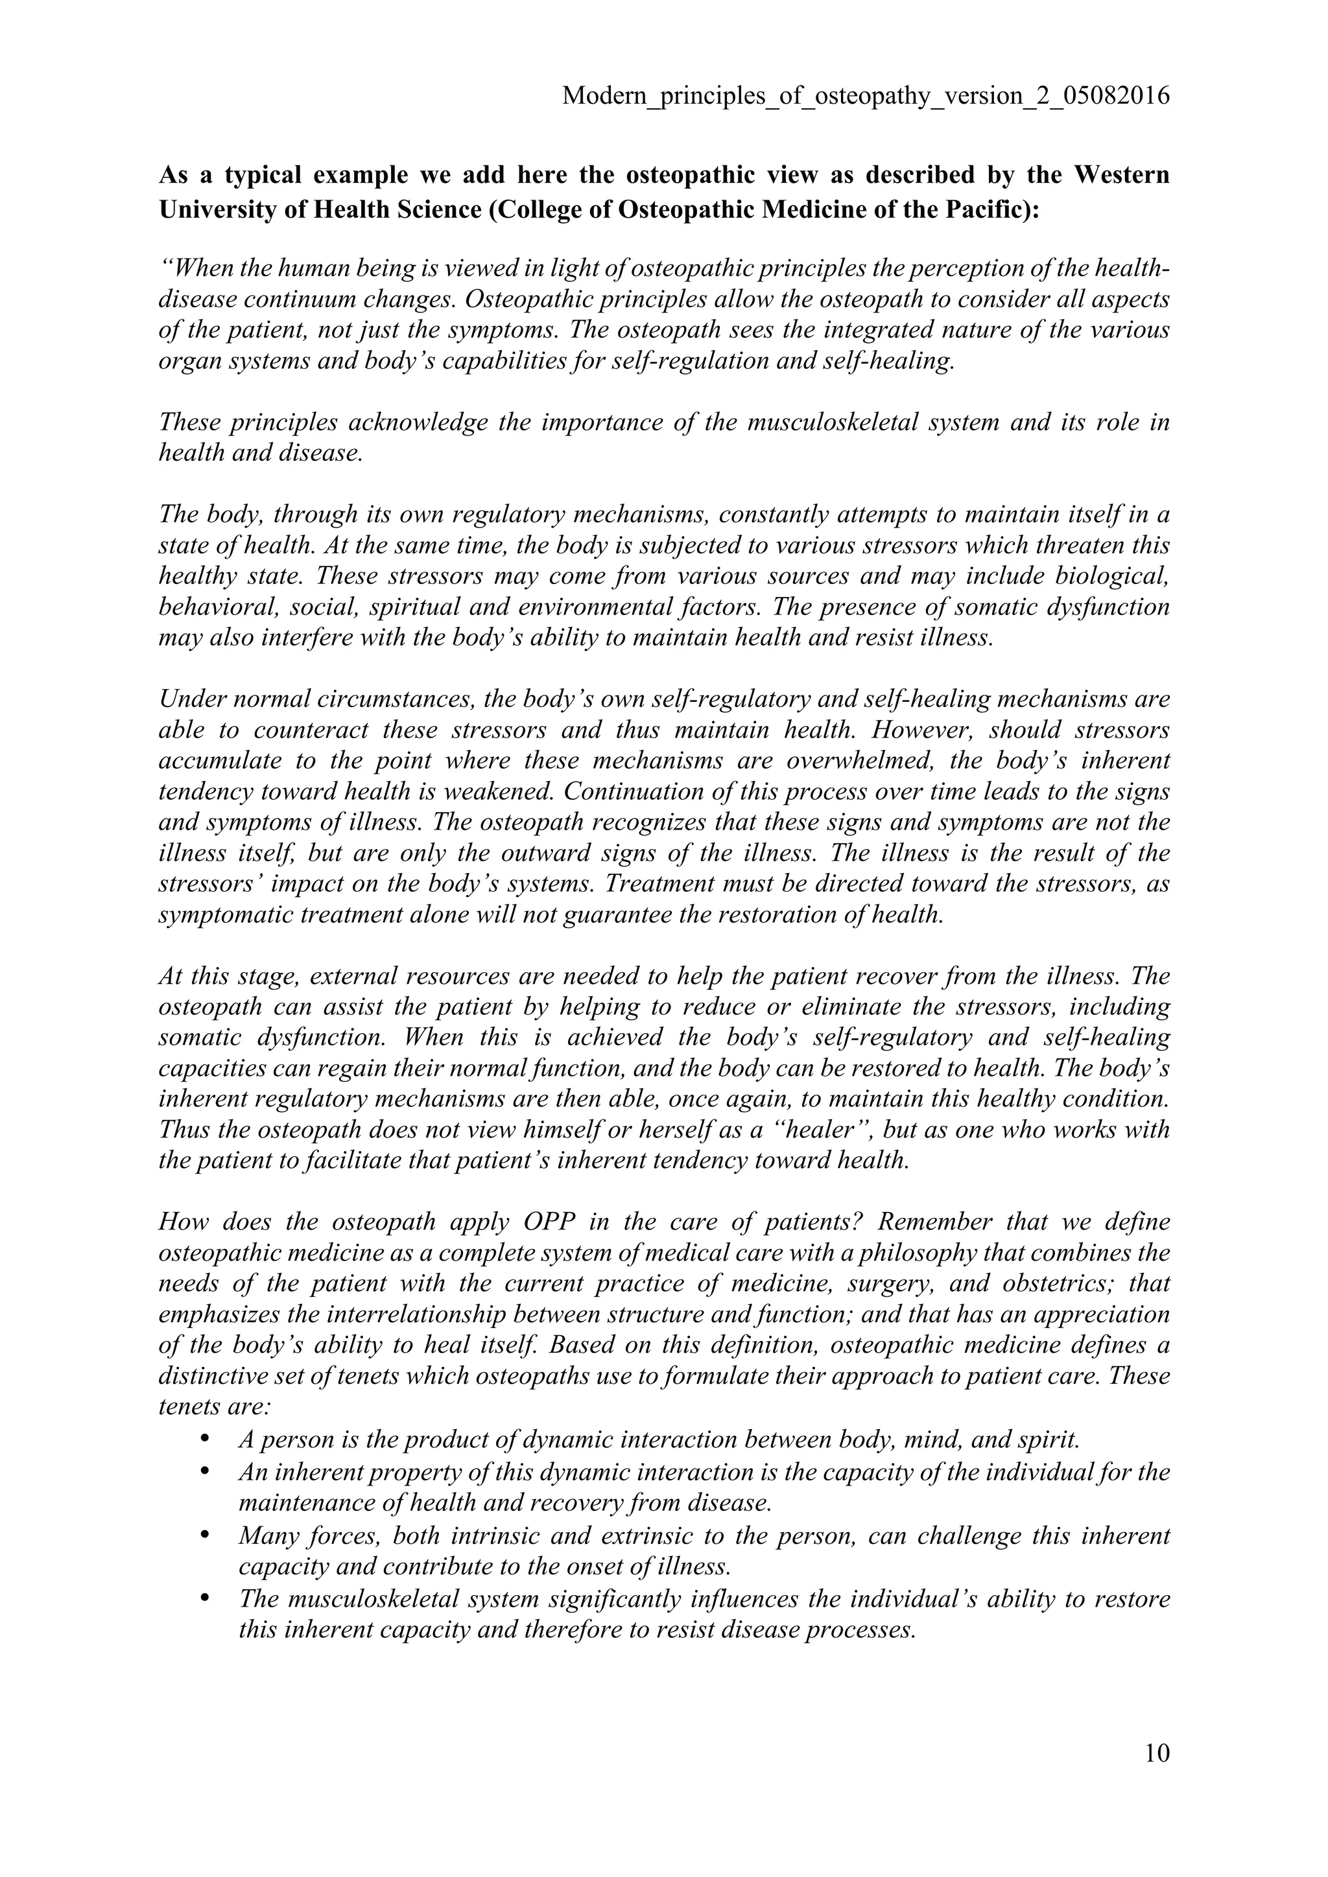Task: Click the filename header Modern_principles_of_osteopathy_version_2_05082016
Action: pos(866,97)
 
